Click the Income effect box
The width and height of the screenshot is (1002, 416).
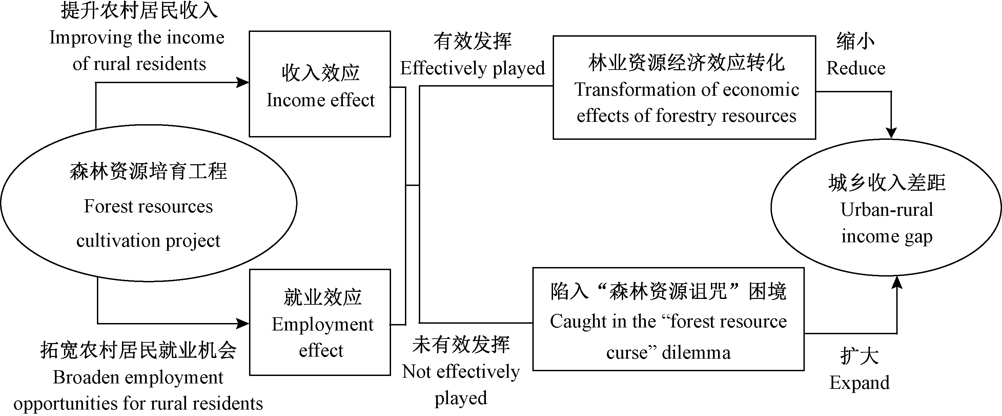[x=320, y=84]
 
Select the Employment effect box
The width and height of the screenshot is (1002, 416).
[x=320, y=322]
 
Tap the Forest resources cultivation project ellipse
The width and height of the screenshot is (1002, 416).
[x=148, y=203]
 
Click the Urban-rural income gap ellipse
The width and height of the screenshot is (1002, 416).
[x=886, y=208]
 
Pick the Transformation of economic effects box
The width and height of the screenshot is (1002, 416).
[x=684, y=88]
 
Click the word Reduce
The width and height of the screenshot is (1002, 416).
[x=856, y=69]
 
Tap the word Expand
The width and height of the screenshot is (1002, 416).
[x=859, y=383]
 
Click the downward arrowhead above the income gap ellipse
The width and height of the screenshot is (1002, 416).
[x=891, y=133]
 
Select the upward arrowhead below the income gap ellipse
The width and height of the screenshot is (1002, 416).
[x=897, y=282]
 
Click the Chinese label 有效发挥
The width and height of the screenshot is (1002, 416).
[x=472, y=41]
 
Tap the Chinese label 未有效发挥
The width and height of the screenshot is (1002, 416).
[x=461, y=345]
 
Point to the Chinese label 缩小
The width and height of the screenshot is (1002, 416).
[x=855, y=41]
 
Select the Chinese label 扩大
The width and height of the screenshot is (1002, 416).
[x=859, y=356]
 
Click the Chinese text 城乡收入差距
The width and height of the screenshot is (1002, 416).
[x=886, y=183]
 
